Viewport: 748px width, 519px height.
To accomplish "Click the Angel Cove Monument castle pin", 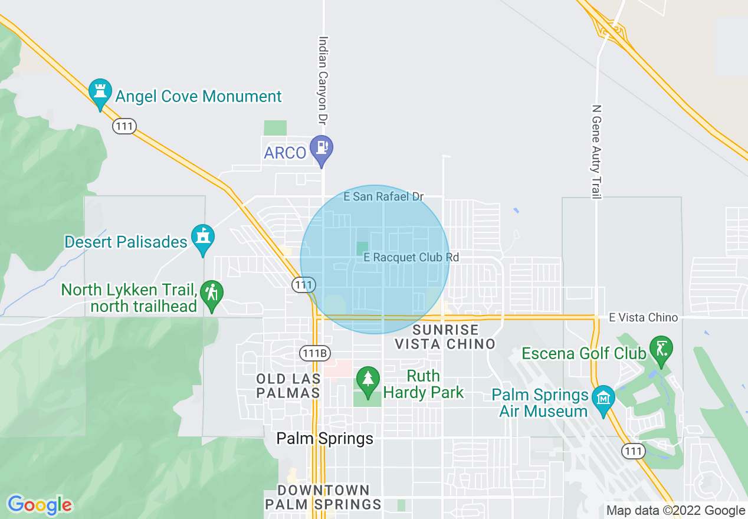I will pos(100,92).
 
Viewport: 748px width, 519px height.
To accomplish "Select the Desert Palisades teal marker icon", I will pos(203,238).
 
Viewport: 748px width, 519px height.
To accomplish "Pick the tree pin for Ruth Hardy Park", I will pos(368,379).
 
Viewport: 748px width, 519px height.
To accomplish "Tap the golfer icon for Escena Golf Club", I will pos(661,349).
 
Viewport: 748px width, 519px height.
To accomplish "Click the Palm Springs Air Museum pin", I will pos(603,399).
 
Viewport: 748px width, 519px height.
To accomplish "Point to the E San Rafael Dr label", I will pos(384,196).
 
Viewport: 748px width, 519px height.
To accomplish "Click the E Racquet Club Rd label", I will pos(411,257).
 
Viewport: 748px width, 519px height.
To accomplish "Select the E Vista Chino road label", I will pos(643,318).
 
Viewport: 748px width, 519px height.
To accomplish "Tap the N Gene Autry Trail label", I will pos(596,152).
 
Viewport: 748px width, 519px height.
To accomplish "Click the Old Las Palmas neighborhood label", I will pos(289,385).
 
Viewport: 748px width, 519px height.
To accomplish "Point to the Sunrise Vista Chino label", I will pos(445,336).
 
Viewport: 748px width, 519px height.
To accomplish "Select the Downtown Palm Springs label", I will pos(323,497).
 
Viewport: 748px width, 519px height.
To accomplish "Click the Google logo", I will pos(40,505).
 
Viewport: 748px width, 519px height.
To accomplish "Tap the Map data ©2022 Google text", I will pos(676,511).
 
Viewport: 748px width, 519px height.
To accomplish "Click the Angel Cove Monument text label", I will pos(199,96).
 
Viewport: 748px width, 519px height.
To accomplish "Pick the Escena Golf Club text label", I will pos(584,353).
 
